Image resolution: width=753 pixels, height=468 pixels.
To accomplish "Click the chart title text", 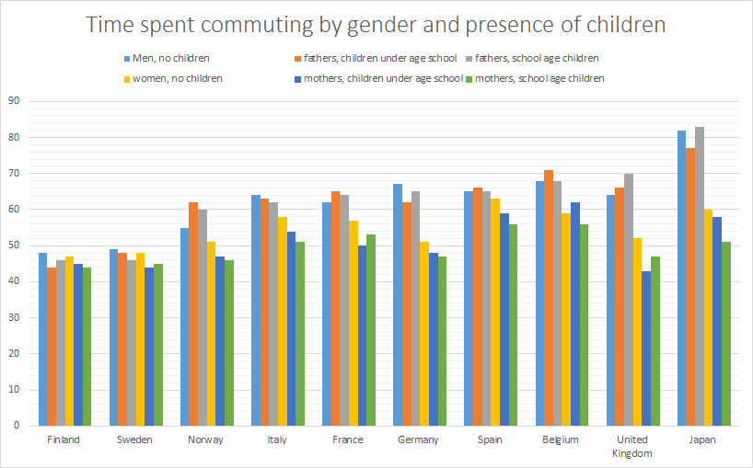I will coord(376,25).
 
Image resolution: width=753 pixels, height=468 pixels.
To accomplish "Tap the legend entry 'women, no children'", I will coord(178,78).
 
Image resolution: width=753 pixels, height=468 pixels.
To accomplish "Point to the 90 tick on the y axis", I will coord(13,101).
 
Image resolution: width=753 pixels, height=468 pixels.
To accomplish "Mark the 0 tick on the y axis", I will coord(16,426).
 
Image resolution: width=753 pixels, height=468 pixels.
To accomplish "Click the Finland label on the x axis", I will coord(64,439).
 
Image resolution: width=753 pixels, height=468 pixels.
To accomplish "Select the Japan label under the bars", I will coord(702,439).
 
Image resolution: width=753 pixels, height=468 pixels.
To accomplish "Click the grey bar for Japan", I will coord(702,276).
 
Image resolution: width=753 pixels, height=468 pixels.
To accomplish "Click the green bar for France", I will coord(371,330).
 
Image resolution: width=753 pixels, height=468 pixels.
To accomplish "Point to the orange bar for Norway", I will coord(193,314).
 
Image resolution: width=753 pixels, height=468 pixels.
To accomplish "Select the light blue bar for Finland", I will coord(42,339).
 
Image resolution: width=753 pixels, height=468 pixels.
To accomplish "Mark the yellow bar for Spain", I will coord(494,312).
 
